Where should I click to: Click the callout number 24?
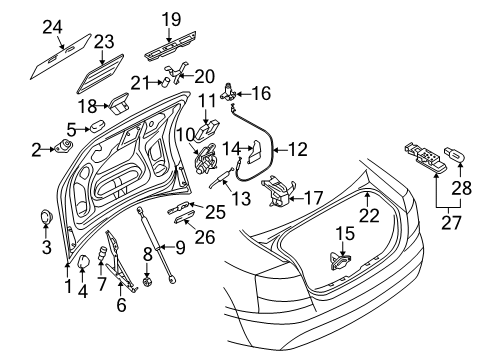click(52, 27)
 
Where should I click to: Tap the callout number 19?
click(171, 19)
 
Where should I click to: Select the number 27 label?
click(451, 223)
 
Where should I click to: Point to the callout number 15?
click(345, 233)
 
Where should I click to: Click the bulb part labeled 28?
click(453, 154)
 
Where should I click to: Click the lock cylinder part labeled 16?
click(229, 92)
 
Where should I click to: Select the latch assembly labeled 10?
click(206, 159)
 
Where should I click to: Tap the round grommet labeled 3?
click(46, 217)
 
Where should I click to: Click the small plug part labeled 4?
click(83, 261)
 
